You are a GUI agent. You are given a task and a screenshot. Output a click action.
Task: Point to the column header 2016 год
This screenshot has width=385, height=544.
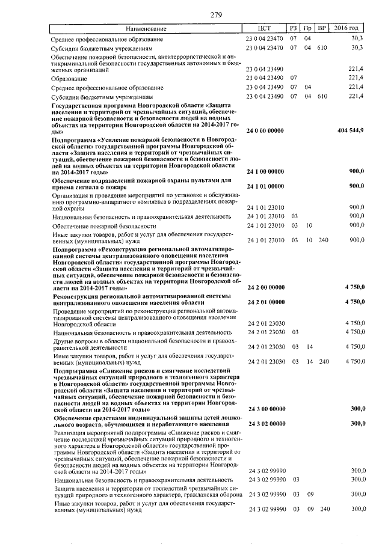[350, 28]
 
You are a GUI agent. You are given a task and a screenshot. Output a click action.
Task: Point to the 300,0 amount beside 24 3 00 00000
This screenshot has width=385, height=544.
[359, 409]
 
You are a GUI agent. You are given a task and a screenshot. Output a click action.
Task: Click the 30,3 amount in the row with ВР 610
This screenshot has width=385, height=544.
[359, 47]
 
